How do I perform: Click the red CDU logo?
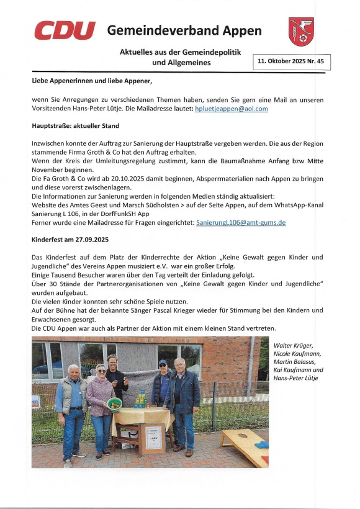pyautogui.click(x=65, y=30)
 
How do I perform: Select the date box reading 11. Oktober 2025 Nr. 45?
pyautogui.click(x=292, y=62)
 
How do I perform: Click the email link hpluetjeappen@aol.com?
pyautogui.click(x=231, y=109)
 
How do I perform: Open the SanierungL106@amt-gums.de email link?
pyautogui.click(x=241, y=222)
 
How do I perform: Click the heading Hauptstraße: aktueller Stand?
pyautogui.click(x=75, y=125)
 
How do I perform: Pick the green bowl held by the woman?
pyautogui.click(x=114, y=403)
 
